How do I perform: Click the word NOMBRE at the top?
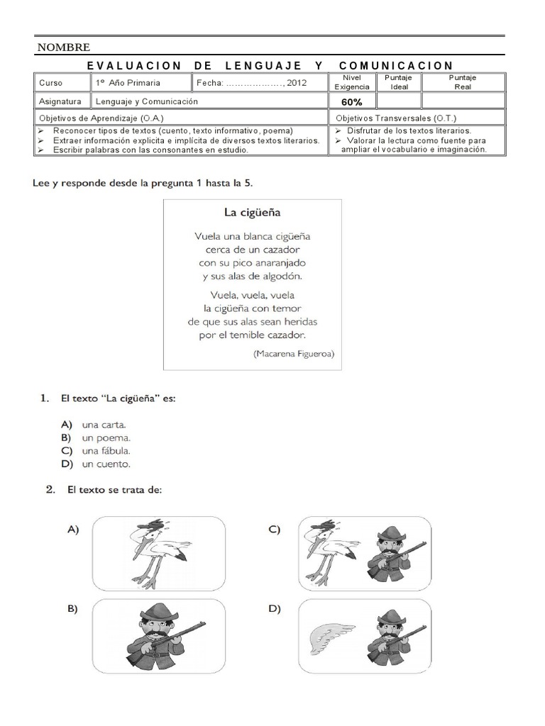pos(63,48)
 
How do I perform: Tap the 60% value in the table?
pos(352,101)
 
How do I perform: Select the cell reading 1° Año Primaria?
pos(128,83)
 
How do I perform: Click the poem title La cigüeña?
pos(252,211)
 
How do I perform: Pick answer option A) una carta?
pos(104,425)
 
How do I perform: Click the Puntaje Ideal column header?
pos(399,82)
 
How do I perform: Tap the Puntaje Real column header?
pos(463,82)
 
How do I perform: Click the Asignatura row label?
pos(60,101)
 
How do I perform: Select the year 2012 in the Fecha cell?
pos(297,83)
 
